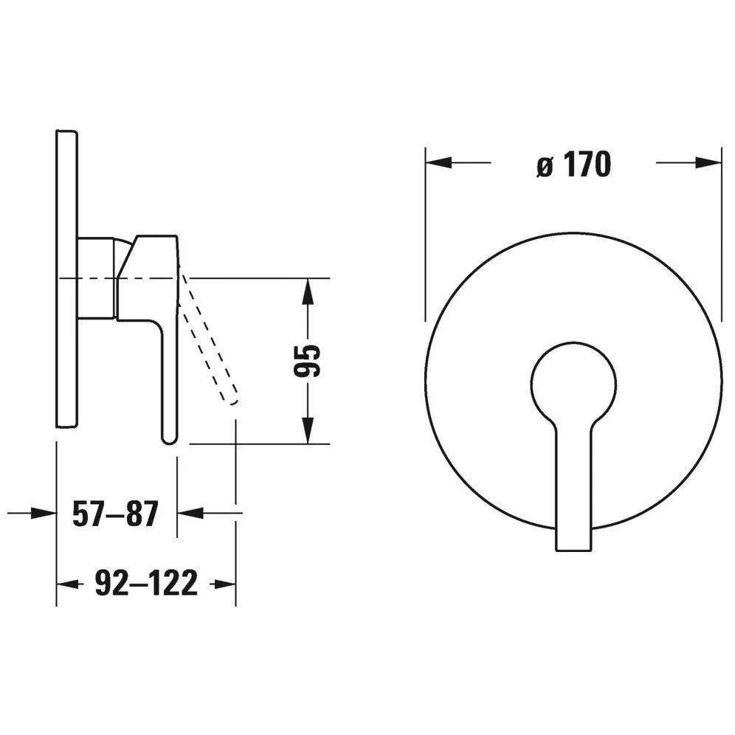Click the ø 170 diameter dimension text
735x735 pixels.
click(573, 164)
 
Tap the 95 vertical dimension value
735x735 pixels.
click(307, 360)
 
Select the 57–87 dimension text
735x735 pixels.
click(116, 514)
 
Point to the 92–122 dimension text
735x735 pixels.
click(146, 584)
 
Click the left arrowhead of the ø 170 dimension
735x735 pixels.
click(439, 162)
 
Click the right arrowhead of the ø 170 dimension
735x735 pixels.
click(708, 162)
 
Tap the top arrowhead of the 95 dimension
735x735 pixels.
click(308, 291)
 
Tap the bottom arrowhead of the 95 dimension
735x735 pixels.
click(308, 430)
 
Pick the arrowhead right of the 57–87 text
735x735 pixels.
click(190, 513)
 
